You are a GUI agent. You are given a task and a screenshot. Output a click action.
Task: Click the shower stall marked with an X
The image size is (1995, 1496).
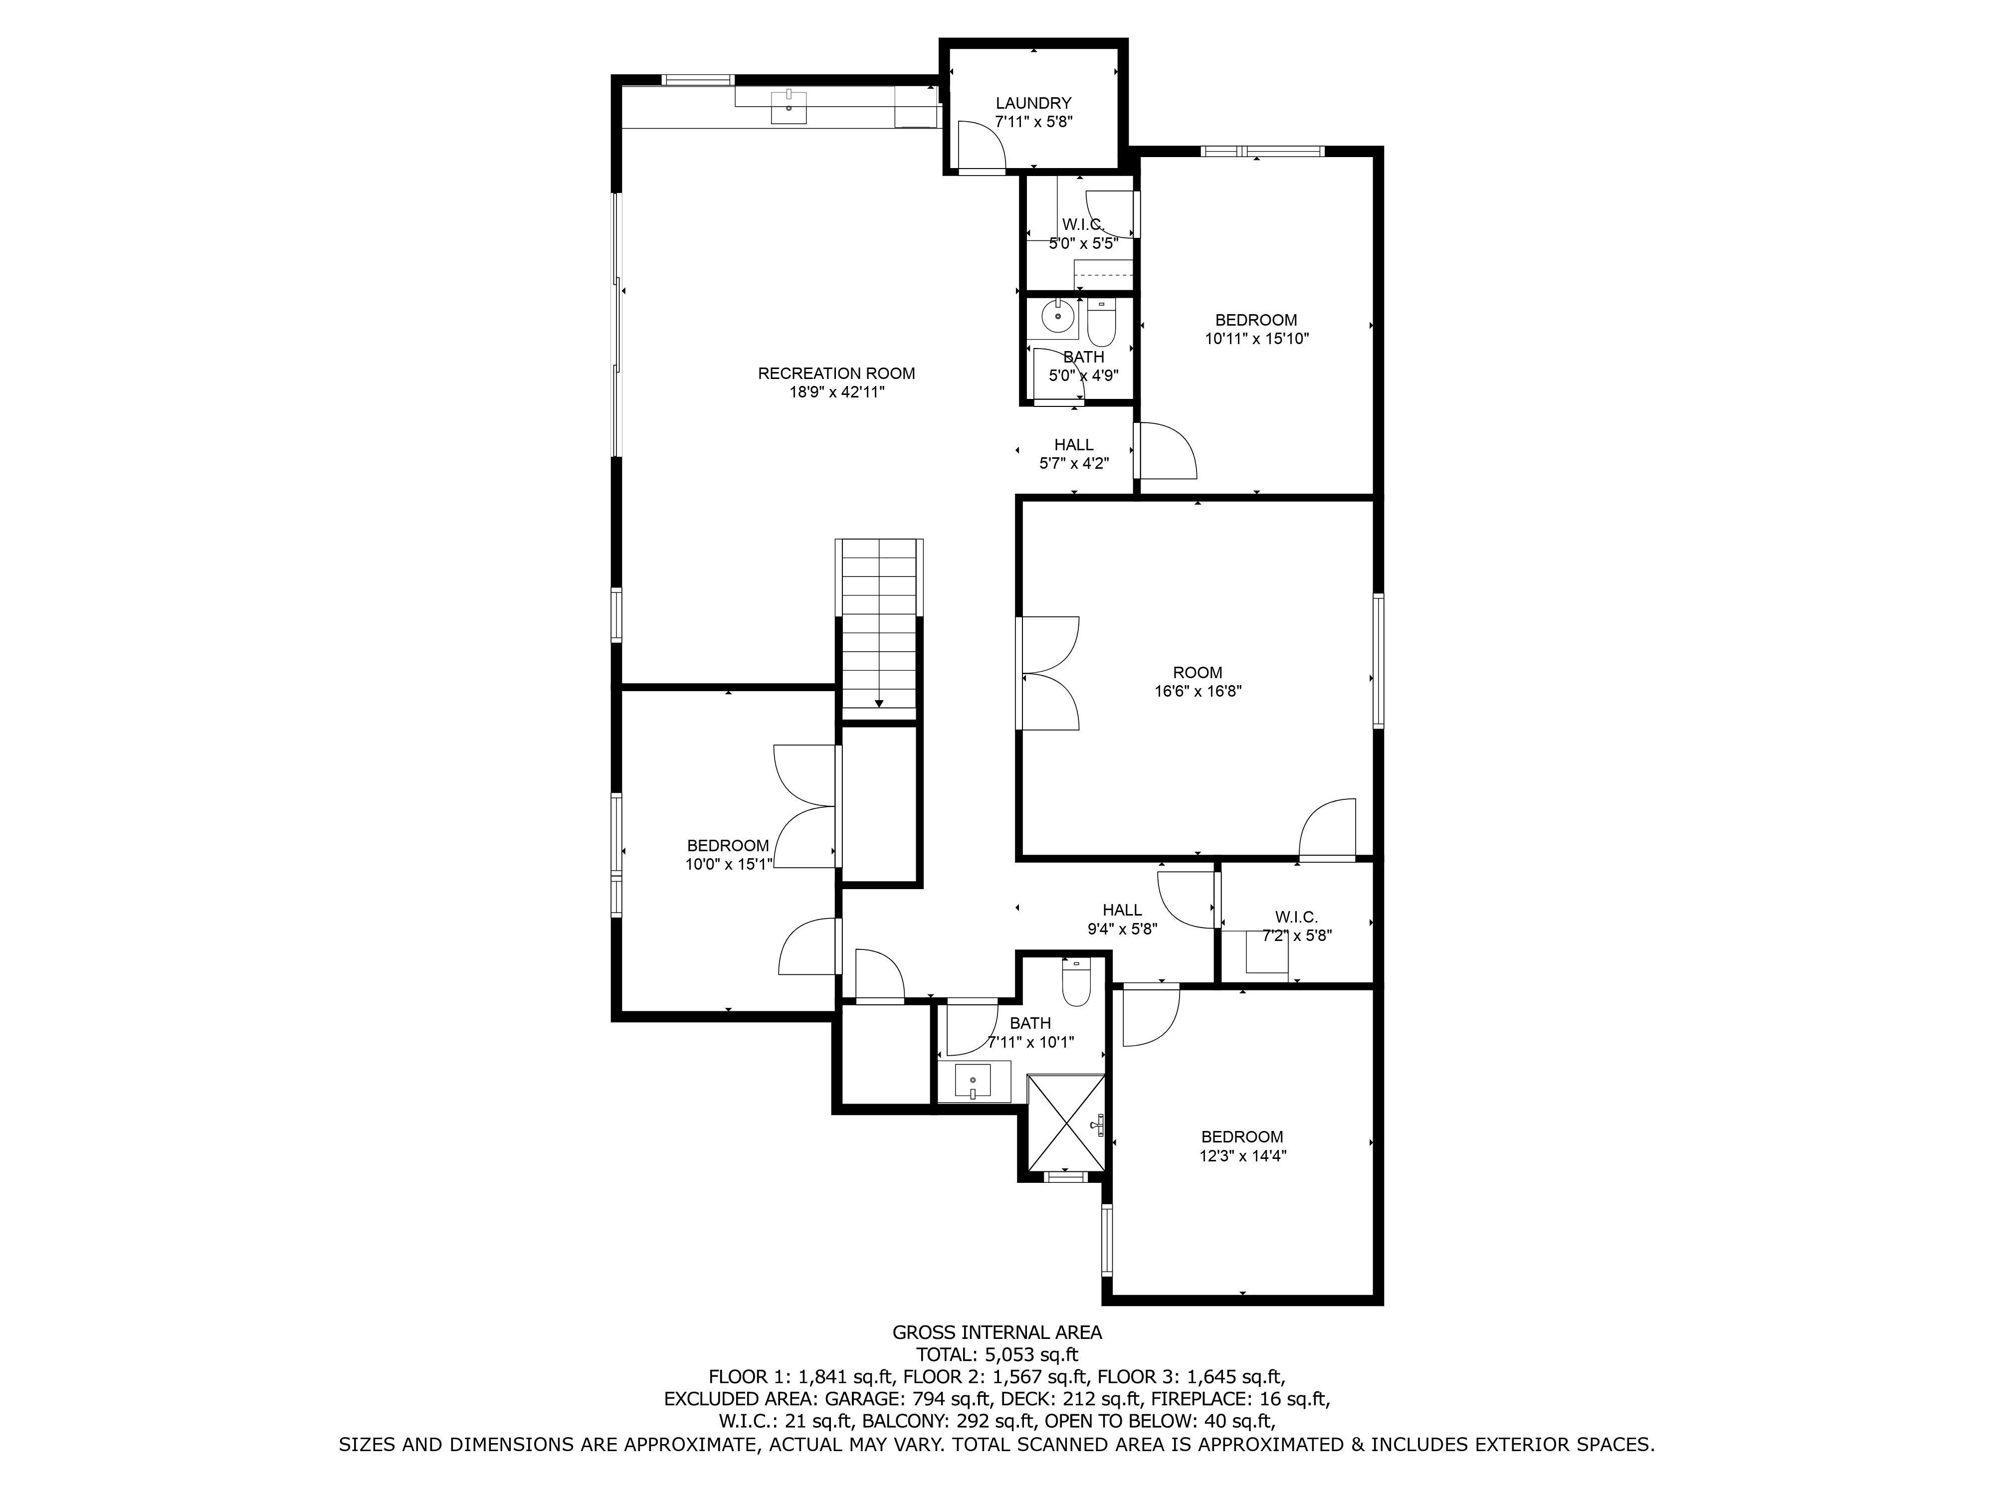pyautogui.click(x=1066, y=1121)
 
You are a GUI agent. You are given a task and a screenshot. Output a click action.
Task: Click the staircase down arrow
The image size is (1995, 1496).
pyautogui.click(x=878, y=703)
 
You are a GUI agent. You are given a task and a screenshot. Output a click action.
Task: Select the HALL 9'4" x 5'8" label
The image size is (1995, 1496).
pyautogui.click(x=1122, y=910)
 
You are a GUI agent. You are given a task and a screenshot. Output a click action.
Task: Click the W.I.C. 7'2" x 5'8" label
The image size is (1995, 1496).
pyautogui.click(x=1296, y=917)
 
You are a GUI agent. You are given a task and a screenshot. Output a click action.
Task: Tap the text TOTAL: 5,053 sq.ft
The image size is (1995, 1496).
pyautogui.click(x=997, y=1354)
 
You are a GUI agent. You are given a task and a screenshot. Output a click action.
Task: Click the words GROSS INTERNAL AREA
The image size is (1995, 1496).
pyautogui.click(x=997, y=1332)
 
